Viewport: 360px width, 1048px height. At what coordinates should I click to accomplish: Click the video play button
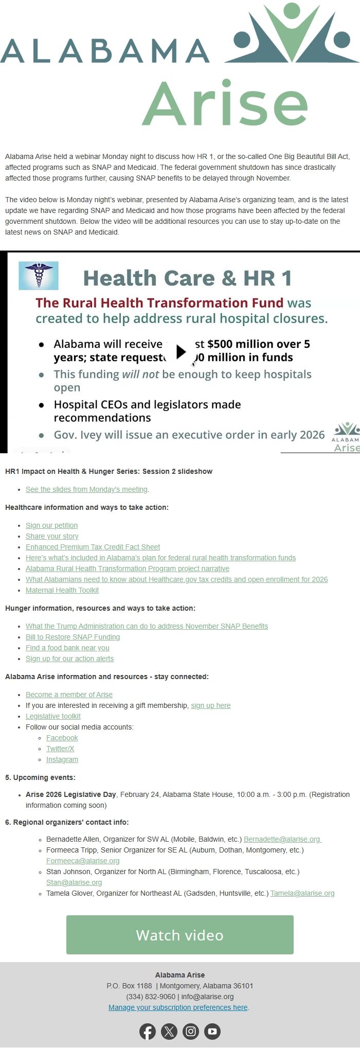[x=181, y=351]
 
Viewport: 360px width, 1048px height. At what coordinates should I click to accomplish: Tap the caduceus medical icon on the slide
[x=38, y=276]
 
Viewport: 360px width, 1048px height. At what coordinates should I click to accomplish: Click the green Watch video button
[x=179, y=934]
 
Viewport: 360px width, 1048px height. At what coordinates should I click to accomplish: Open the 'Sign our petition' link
[x=51, y=525]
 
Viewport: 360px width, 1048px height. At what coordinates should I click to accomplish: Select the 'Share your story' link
[x=52, y=536]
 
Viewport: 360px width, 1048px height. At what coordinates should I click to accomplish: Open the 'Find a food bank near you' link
[x=67, y=648]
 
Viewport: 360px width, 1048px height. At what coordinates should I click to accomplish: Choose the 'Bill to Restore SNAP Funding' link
[x=73, y=637]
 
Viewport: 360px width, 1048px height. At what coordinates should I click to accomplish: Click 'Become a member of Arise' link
[x=69, y=695]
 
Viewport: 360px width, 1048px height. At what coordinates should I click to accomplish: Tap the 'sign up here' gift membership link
[x=210, y=705]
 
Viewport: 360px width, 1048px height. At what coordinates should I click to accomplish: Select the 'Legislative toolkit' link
[x=53, y=716]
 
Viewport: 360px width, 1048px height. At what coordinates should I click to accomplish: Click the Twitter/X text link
[x=60, y=749]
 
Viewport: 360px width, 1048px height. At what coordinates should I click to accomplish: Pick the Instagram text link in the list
[x=62, y=759]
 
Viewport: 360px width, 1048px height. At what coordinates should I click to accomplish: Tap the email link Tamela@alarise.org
[x=302, y=893]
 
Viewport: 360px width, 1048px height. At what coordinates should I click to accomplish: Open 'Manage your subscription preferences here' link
[x=178, y=1007]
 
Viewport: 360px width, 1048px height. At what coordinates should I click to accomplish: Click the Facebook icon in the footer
[x=148, y=1031]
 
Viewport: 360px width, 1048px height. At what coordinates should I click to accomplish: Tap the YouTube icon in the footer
[x=212, y=1031]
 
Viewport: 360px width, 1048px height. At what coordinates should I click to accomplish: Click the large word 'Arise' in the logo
[x=225, y=104]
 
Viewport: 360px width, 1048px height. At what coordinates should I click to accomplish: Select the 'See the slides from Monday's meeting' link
[x=86, y=489]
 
